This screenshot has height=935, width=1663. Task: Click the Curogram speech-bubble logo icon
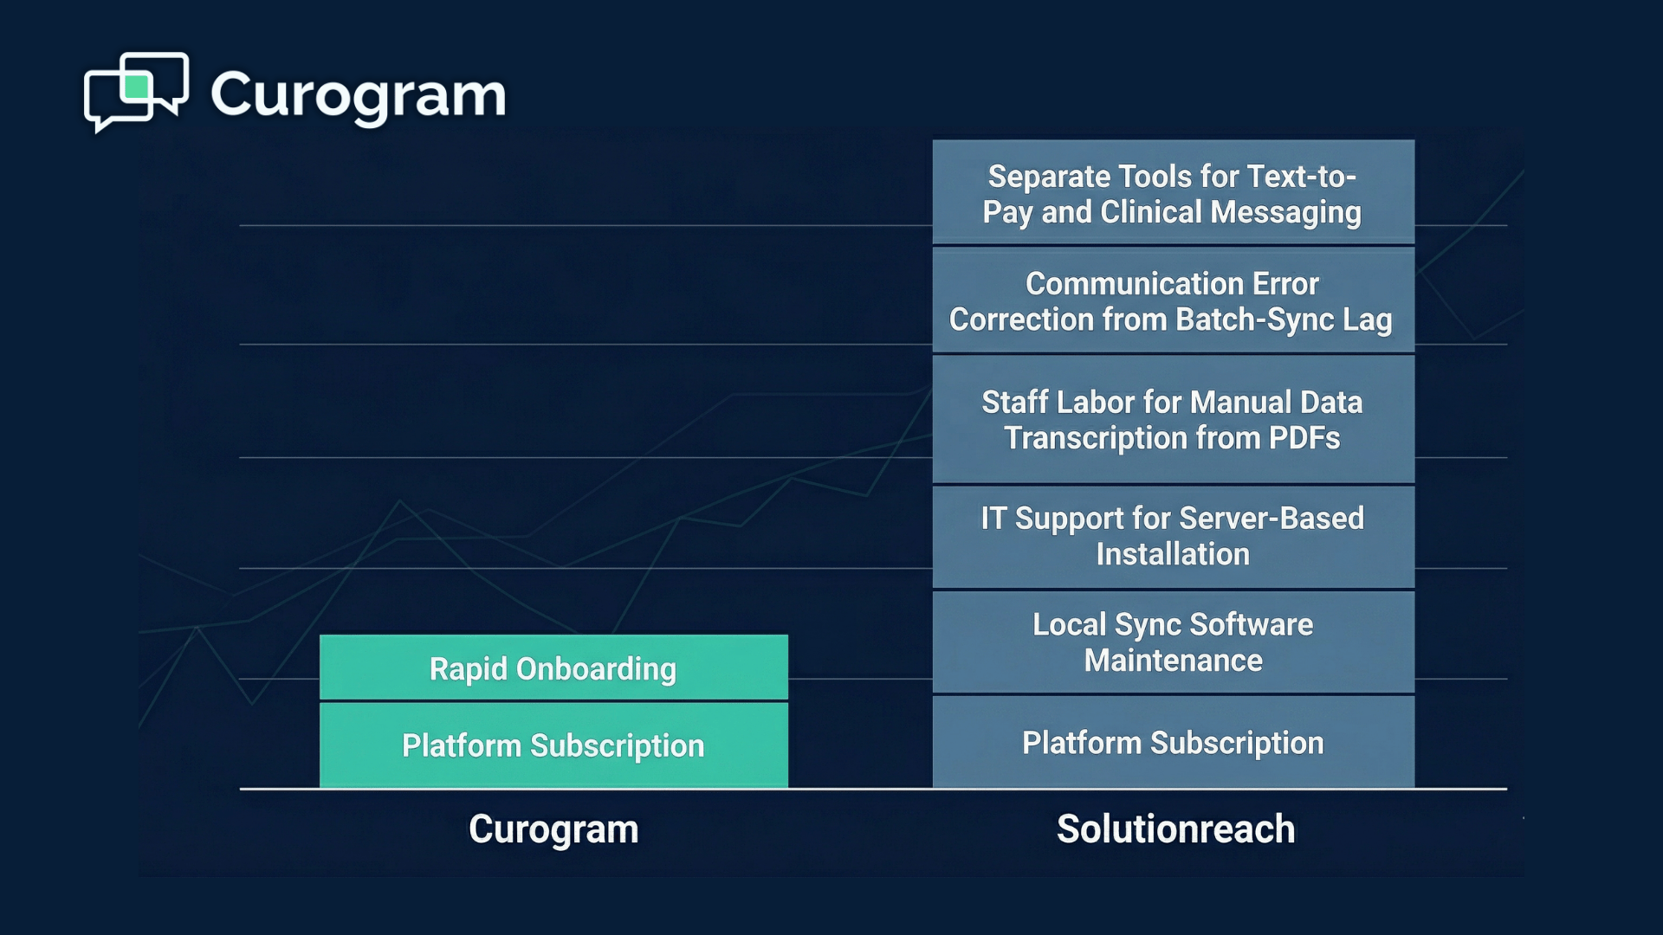click(136, 91)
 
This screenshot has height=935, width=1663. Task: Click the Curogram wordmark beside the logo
click(358, 95)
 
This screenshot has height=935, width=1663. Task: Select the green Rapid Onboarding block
click(553, 667)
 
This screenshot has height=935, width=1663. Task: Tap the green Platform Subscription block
click(553, 745)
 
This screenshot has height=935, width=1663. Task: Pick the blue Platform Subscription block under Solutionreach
click(1173, 742)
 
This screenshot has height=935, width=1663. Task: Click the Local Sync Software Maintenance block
click(1173, 642)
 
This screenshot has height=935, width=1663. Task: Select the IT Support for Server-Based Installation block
click(1173, 536)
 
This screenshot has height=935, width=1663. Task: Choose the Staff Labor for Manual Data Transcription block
click(1173, 419)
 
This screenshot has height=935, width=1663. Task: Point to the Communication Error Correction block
click(1173, 300)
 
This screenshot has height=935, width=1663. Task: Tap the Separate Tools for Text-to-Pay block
click(1173, 193)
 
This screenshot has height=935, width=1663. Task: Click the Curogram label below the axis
click(553, 829)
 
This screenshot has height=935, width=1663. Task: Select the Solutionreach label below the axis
click(1175, 829)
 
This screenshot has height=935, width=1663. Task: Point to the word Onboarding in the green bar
click(596, 669)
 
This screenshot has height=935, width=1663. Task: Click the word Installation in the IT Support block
click(1173, 554)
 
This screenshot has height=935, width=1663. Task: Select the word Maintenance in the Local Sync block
click(1173, 661)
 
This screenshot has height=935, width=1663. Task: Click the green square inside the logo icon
click(137, 87)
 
